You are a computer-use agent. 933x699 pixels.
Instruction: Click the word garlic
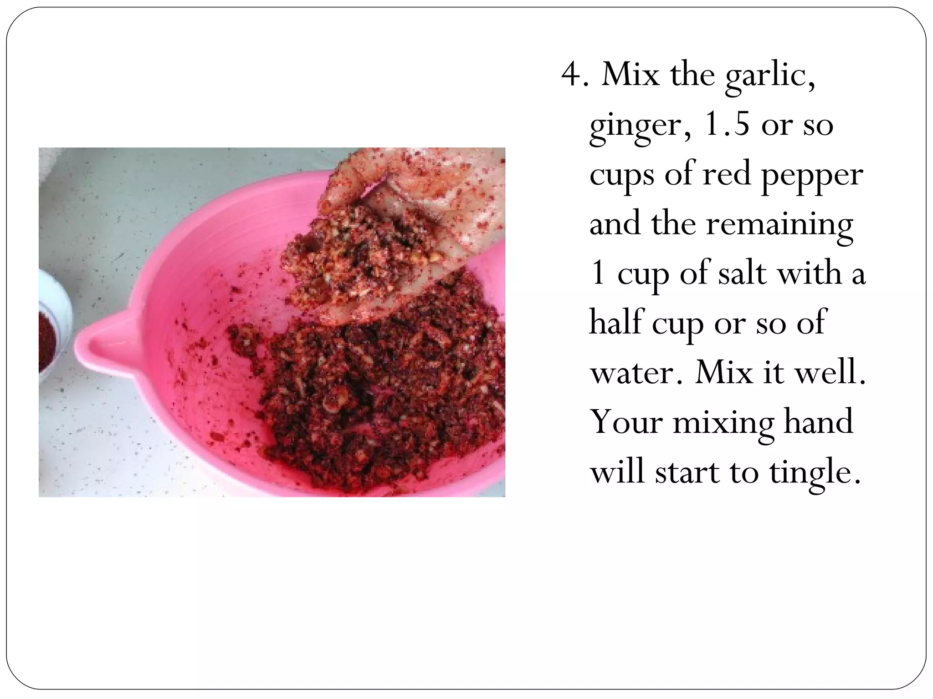769,76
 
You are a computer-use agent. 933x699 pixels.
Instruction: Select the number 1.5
727,124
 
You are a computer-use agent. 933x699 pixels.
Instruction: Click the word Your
626,422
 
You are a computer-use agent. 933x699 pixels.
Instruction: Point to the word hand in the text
818,422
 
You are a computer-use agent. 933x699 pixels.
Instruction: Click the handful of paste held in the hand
360,255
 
